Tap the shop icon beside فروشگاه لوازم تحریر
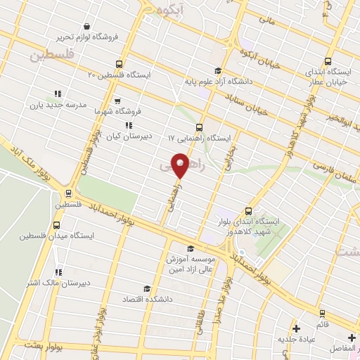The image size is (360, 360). [86, 27]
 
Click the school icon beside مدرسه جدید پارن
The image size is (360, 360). [58, 94]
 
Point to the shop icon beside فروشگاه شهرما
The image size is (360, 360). [117, 101]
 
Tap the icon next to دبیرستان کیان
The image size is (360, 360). [128, 125]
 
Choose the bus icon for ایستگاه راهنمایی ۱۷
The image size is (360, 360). [199, 128]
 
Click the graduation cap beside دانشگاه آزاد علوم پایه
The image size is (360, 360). [218, 70]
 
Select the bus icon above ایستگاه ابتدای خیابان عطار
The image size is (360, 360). [327, 61]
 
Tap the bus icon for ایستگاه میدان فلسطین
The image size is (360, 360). [56, 226]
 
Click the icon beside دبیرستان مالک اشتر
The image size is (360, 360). [58, 272]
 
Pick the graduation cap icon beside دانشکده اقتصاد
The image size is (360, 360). [146, 288]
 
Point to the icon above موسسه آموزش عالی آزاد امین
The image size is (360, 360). [191, 248]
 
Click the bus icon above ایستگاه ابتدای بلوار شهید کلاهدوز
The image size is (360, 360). [248, 210]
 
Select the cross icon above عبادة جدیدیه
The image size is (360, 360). [296, 328]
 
